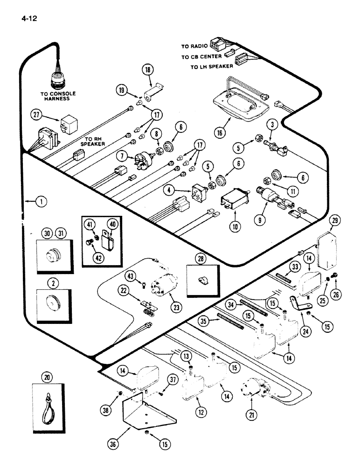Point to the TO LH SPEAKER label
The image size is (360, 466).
coord(211,67)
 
